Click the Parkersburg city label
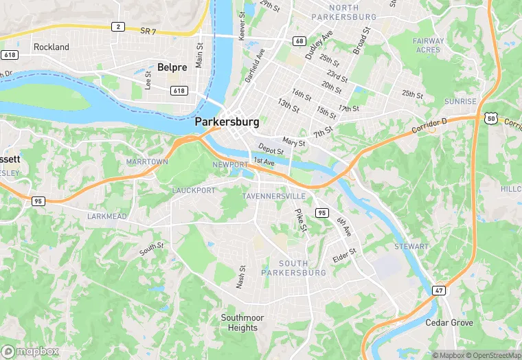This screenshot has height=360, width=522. click(227, 122)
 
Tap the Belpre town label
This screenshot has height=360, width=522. click(171, 67)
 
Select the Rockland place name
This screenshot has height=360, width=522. click(52, 47)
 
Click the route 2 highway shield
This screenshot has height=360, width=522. click(118, 26)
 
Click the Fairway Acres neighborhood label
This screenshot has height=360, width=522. click(428, 45)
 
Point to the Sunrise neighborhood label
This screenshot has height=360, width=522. click(459, 101)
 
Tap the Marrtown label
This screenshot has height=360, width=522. click(147, 161)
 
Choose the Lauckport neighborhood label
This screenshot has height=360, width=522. click(194, 190)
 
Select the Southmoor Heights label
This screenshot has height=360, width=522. click(239, 323)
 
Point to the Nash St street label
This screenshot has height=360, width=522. click(241, 278)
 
